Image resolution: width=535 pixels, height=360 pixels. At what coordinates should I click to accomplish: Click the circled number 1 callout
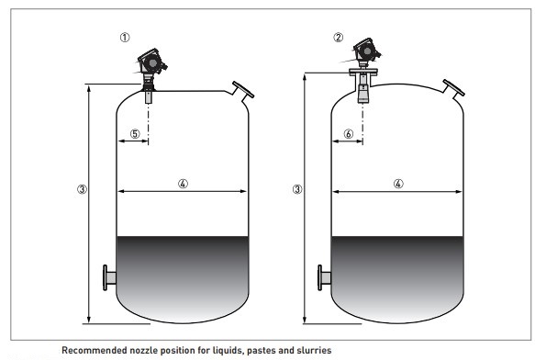[125, 38]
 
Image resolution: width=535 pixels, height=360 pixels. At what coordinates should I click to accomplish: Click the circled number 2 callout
[338, 38]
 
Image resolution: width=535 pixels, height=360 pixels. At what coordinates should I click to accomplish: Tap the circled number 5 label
[135, 133]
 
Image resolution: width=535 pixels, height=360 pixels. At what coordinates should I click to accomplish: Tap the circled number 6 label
[349, 133]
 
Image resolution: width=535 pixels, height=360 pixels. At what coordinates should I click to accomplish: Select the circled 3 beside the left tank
[82, 189]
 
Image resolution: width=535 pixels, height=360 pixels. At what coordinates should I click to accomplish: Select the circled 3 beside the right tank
[297, 189]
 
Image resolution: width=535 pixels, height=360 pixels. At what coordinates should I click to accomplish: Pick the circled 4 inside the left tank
[183, 184]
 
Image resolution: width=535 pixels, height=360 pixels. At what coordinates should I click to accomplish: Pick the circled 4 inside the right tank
[398, 184]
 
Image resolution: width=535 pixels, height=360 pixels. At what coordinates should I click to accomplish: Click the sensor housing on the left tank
[151, 62]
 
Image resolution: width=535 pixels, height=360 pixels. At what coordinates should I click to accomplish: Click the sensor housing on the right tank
[366, 51]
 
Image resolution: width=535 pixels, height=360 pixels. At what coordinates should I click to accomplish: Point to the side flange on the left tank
[109, 277]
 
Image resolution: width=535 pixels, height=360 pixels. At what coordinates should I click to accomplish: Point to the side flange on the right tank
[324, 277]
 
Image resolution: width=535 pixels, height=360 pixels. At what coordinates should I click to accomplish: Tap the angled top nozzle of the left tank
[242, 91]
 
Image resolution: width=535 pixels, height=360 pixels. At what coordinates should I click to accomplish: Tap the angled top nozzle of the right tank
[453, 89]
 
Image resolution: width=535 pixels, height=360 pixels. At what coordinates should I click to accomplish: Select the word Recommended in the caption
[95, 351]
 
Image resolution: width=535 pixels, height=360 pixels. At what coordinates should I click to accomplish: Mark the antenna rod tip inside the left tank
[149, 96]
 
